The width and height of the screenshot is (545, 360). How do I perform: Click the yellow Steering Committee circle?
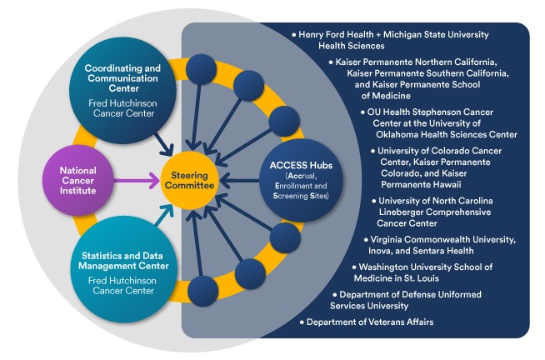[194, 179]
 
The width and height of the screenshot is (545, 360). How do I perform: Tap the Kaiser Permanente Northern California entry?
[417, 78]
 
